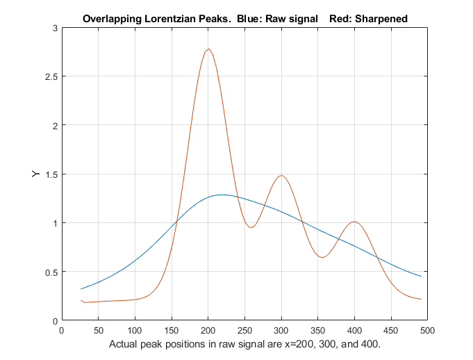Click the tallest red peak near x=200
coord(208,49)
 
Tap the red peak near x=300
coord(281,175)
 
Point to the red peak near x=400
coord(354,222)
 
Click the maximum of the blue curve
coord(222,195)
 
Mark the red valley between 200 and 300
coord(251,227)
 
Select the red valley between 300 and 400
coord(322,257)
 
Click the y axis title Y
coord(35,174)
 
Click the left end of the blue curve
coord(81,288)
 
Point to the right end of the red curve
coord(422,299)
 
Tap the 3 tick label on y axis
coord(54,28)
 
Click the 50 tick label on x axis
coord(98,330)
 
